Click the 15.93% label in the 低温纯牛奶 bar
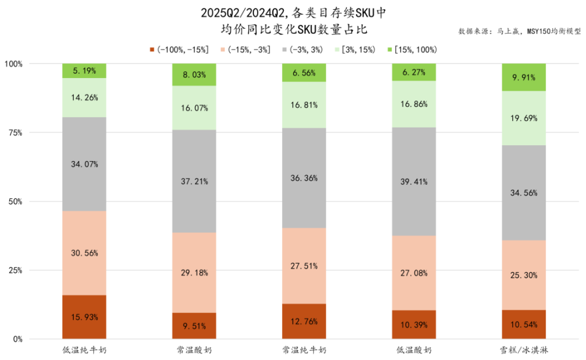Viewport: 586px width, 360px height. click(84, 317)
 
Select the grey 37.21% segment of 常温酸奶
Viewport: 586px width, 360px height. click(194, 181)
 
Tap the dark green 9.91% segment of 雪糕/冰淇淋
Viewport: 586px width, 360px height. click(524, 77)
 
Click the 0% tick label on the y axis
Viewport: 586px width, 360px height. click(17, 339)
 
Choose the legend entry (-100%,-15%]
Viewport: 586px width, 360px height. click(179, 49)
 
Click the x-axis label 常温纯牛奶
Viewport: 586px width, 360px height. click(304, 350)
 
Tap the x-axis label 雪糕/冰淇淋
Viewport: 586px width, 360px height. click(524, 350)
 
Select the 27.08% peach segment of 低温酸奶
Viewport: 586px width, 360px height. click(414, 273)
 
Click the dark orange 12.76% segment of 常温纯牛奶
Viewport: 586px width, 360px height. click(304, 322)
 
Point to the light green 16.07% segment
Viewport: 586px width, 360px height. click(194, 108)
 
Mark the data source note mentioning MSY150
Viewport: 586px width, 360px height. click(519, 31)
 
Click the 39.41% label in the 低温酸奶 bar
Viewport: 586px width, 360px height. click(414, 181)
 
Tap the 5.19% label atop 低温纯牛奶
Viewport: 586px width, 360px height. click(84, 71)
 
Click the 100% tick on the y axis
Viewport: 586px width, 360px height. click(13, 63)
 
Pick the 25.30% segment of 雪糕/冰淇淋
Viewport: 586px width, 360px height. click(524, 275)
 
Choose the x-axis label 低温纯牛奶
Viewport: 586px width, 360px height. click(84, 350)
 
